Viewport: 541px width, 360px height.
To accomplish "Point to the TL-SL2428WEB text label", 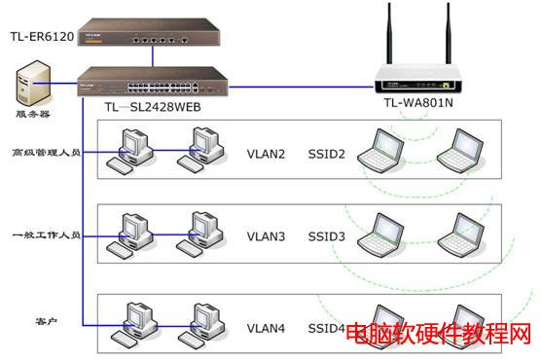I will [x=154, y=106].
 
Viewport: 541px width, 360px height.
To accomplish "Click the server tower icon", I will [x=34, y=84].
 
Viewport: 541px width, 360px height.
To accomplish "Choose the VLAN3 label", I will [x=266, y=235].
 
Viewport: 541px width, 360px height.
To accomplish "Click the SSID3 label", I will [x=327, y=235].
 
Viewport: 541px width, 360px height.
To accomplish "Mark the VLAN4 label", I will [x=266, y=328].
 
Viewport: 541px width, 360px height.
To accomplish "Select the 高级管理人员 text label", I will [x=46, y=153].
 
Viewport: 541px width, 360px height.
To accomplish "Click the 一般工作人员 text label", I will [x=46, y=235].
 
